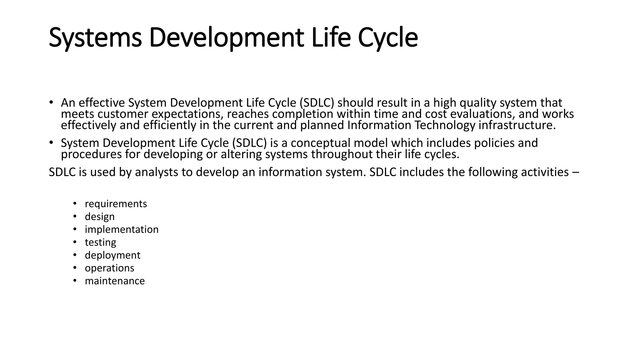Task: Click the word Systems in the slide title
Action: tap(95, 38)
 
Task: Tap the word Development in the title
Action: tap(226, 38)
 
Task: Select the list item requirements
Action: tap(116, 204)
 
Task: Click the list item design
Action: tap(100, 217)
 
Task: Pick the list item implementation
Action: tap(122, 229)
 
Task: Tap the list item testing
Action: tap(100, 242)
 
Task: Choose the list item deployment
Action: tap(112, 255)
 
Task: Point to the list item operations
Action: tap(109, 268)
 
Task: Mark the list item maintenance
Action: tap(115, 281)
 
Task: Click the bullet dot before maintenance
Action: tap(75, 280)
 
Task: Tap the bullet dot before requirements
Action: tap(75, 203)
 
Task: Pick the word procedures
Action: tap(91, 154)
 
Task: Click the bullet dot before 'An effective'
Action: tap(51, 102)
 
